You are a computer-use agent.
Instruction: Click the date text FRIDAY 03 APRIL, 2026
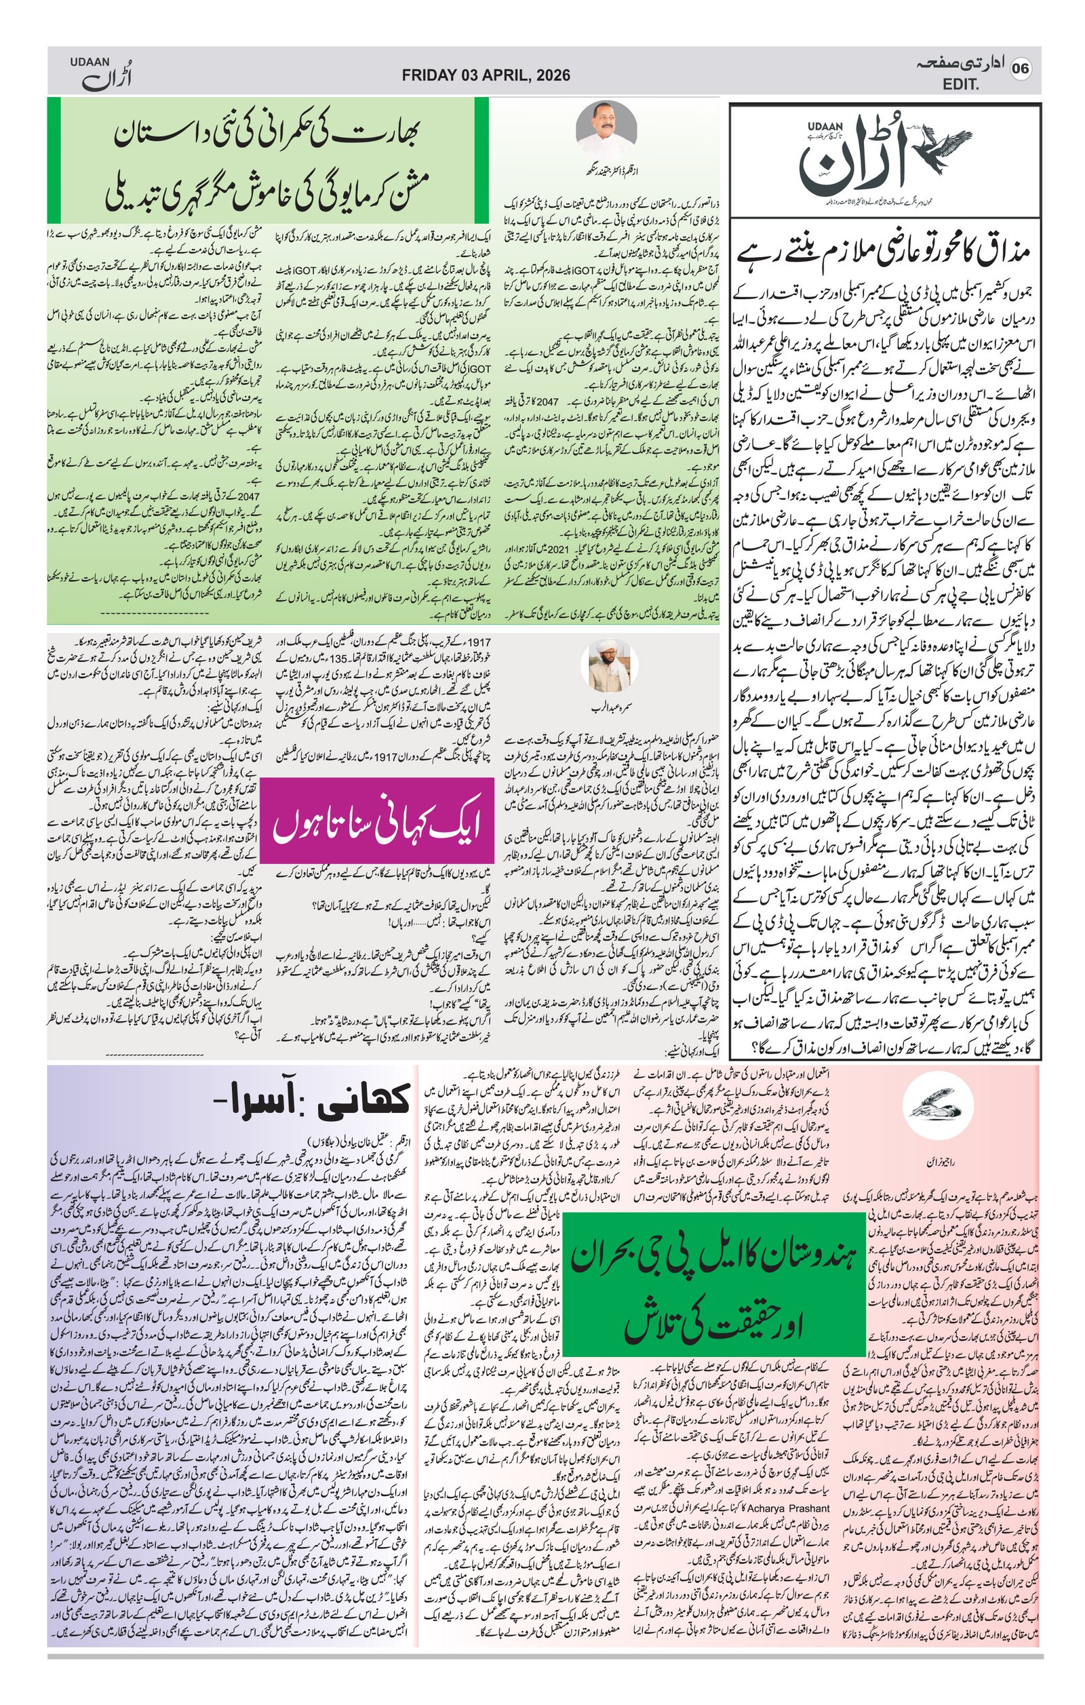click(x=486, y=76)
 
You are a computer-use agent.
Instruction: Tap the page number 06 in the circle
click(x=1020, y=68)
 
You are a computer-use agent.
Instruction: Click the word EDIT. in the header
click(x=960, y=85)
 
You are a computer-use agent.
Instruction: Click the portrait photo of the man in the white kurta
click(x=606, y=128)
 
